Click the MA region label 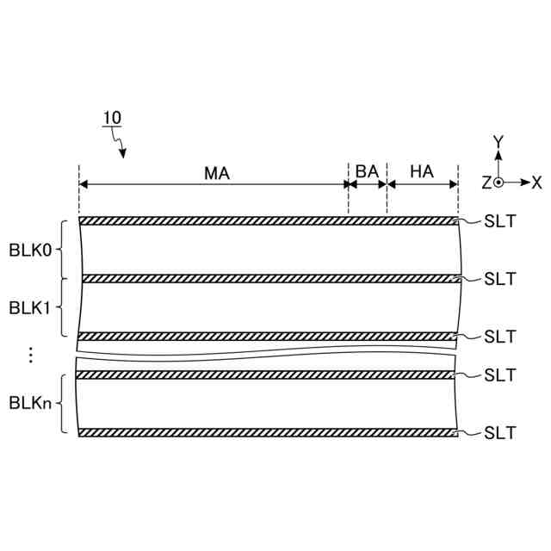coord(217,173)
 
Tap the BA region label coord(367,171)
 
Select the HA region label coord(422,171)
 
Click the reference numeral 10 coord(112,118)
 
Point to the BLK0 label coord(30,251)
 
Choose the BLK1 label coord(29,308)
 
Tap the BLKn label coord(30,403)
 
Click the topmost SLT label coord(499,221)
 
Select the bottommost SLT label coord(499,433)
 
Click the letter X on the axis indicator coord(536,183)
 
